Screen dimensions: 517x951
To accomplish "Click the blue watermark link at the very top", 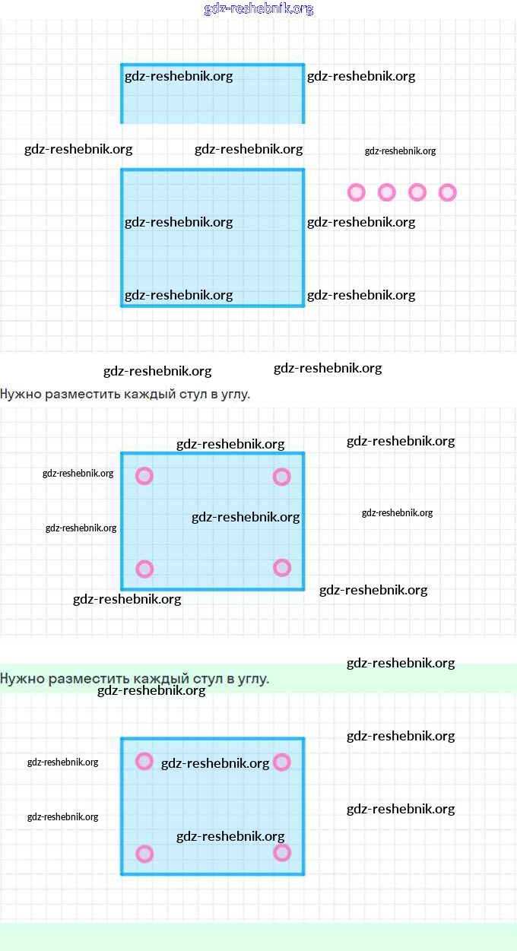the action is pos(258,9).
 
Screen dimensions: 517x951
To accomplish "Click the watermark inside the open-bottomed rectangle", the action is pos(179,77).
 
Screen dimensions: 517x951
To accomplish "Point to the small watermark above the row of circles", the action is pos(400,151).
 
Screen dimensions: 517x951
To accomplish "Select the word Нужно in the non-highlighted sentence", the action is pos(21,394).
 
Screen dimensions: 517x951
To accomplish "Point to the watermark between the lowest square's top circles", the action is pos(215,763).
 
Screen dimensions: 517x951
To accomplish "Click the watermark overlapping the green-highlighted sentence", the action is pos(151,690).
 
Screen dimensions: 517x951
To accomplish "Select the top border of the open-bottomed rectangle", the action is pos(213,65).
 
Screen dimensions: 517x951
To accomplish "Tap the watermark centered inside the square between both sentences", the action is pos(246,517).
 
